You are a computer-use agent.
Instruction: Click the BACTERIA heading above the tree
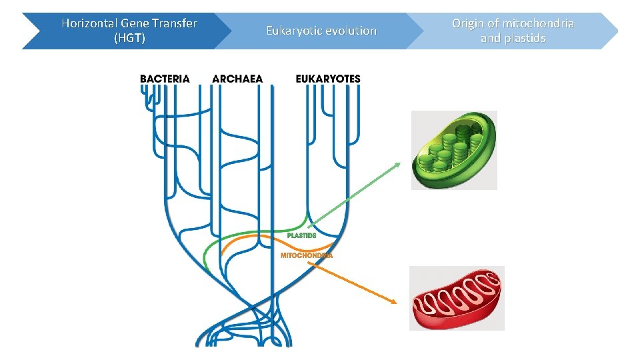165,79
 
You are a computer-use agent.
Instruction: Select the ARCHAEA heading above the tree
237,79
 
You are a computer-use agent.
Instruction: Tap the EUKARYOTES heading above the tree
327,79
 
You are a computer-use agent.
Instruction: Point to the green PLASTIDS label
301,235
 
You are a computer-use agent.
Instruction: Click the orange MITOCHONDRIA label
306,255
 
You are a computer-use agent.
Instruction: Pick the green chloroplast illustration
454,150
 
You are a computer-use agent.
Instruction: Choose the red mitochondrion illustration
457,298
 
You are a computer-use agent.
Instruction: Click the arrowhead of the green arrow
399,164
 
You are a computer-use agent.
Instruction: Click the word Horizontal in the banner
85,23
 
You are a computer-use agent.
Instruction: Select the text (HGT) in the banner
129,38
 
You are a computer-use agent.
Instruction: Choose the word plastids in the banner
525,38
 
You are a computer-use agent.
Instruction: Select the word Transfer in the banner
175,23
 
